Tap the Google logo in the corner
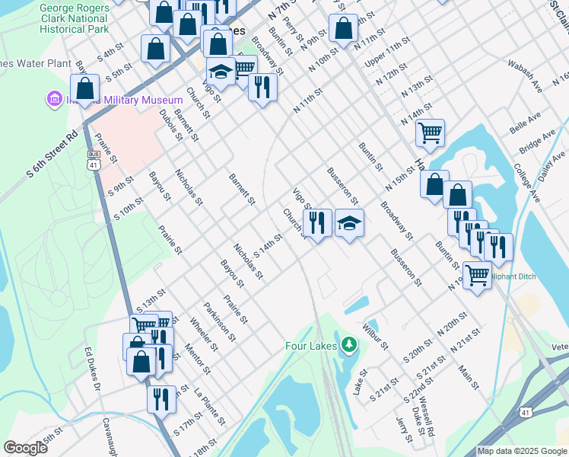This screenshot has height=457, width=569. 25,448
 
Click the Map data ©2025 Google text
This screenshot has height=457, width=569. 522,451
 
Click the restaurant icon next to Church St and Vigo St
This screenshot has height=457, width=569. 317,222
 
